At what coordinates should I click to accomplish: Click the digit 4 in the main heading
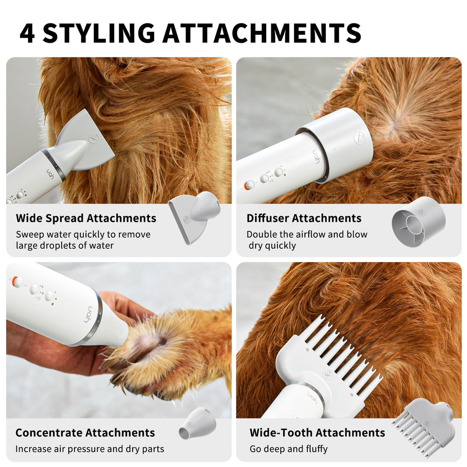click(28, 33)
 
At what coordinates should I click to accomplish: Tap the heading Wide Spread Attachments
click(86, 218)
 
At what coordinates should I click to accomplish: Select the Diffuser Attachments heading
click(304, 218)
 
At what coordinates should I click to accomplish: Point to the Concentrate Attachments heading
click(85, 433)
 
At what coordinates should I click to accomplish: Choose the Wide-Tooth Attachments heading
click(317, 433)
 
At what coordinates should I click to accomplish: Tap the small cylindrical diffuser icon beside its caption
click(418, 221)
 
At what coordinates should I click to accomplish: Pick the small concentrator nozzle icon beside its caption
click(198, 424)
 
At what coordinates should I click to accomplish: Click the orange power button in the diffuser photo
click(248, 185)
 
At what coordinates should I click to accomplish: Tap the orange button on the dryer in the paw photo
click(16, 281)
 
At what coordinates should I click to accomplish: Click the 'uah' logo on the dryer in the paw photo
click(88, 315)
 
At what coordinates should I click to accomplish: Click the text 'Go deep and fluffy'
click(288, 449)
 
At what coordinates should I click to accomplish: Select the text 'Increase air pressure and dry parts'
click(90, 449)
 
